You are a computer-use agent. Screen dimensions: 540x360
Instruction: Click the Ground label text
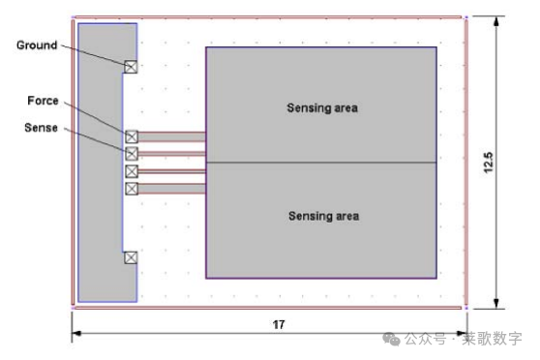pyautogui.click(x=37, y=45)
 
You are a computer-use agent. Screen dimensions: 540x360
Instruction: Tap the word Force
pyautogui.click(x=43, y=101)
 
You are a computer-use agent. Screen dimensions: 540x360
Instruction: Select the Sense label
pyautogui.click(x=41, y=128)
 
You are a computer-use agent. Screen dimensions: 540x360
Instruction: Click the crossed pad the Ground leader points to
pyautogui.click(x=131, y=67)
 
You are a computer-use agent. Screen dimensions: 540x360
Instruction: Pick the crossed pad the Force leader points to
pyautogui.click(x=132, y=136)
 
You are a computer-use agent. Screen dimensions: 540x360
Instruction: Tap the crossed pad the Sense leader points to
pyautogui.click(x=132, y=154)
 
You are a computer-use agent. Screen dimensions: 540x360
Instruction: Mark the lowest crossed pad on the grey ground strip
pyautogui.click(x=131, y=257)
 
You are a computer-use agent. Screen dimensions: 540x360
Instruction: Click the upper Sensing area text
pyautogui.click(x=322, y=108)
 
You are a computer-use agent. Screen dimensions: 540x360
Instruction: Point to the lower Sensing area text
pyautogui.click(x=324, y=217)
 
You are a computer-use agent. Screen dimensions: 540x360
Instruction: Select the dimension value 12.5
pyautogui.click(x=489, y=163)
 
